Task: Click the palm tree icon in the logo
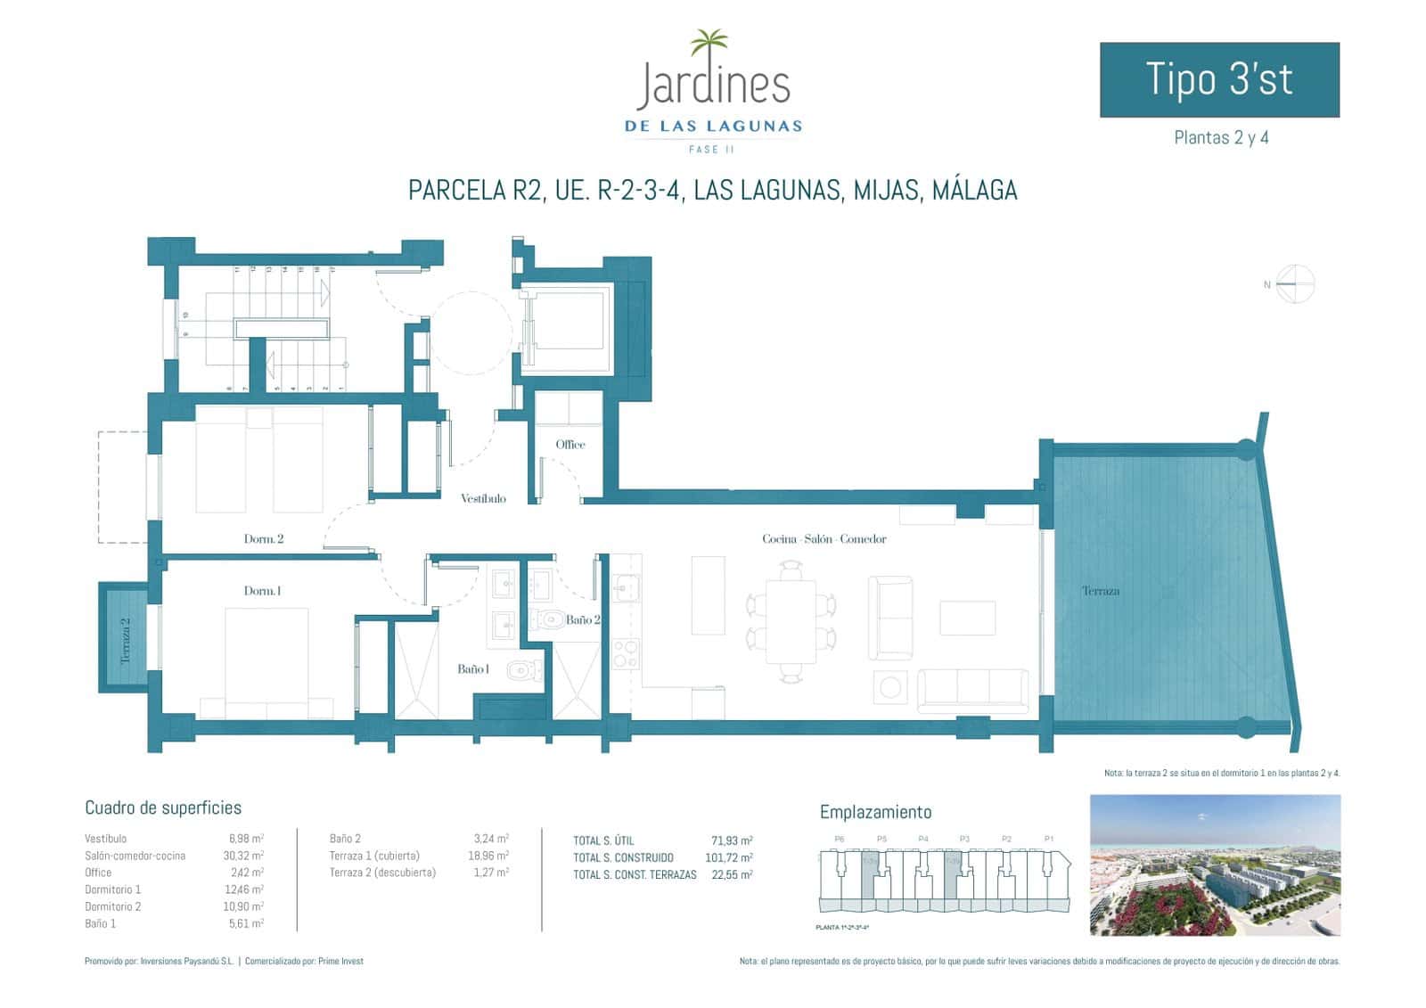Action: coord(709,44)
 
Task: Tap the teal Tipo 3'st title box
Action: coord(1218,79)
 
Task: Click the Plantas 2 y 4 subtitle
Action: coord(1220,138)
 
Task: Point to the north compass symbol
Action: coord(1294,284)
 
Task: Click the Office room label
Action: coord(570,444)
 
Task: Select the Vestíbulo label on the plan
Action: coord(483,498)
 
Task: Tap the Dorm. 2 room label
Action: coord(264,538)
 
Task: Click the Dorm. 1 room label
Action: coord(262,591)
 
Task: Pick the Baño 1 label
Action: coord(472,668)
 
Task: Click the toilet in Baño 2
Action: coord(546,618)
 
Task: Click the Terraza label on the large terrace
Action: coord(1100,591)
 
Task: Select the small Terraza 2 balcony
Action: coord(124,637)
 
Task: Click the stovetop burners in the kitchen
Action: coord(627,653)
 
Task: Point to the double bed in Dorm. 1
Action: coord(266,660)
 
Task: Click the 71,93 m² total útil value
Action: coord(731,840)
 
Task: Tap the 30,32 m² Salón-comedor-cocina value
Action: coord(245,856)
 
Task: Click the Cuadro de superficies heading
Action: coord(163,807)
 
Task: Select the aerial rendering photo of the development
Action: coord(1215,865)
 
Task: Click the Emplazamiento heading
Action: coord(875,812)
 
